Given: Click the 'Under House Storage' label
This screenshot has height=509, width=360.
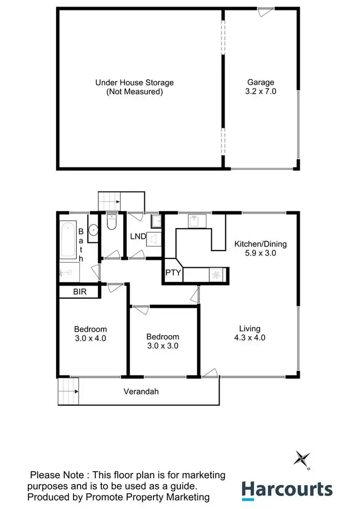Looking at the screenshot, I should [134, 83].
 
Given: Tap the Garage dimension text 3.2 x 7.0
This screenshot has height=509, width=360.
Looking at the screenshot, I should [261, 91].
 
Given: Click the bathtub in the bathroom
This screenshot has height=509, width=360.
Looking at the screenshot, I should [68, 239].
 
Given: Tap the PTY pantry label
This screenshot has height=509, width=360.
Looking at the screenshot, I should [173, 273].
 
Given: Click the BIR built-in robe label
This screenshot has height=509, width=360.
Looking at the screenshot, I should [80, 291].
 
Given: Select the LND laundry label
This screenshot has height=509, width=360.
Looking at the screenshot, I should [138, 237].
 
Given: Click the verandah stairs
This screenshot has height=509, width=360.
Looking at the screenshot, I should [68, 391].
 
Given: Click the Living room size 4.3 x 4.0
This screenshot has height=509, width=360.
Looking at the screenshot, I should [250, 338].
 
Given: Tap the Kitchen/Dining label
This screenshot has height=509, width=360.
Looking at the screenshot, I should [260, 244].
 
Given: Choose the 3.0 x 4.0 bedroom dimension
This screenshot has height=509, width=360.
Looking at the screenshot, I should [90, 338].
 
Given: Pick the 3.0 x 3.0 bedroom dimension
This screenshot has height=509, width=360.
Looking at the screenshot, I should [163, 345].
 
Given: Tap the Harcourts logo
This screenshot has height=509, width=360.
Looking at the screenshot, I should [287, 490].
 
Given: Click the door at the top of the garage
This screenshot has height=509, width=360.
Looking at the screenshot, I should [265, 12].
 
